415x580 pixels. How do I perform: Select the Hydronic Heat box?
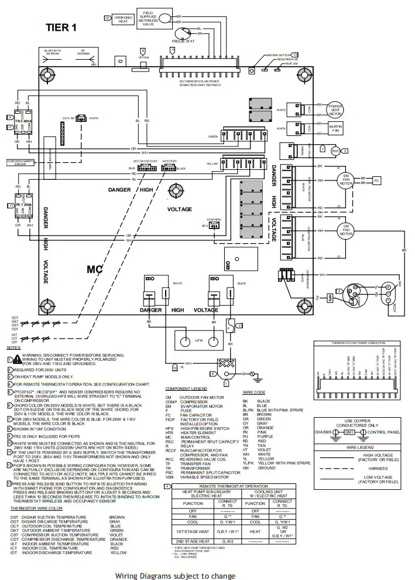click(122, 19)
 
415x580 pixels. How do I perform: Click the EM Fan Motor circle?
click(345, 180)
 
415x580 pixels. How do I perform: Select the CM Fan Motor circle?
click(345, 230)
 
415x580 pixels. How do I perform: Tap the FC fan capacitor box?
click(377, 180)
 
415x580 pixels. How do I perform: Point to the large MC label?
click(95, 269)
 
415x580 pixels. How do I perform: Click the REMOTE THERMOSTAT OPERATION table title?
click(232, 487)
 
